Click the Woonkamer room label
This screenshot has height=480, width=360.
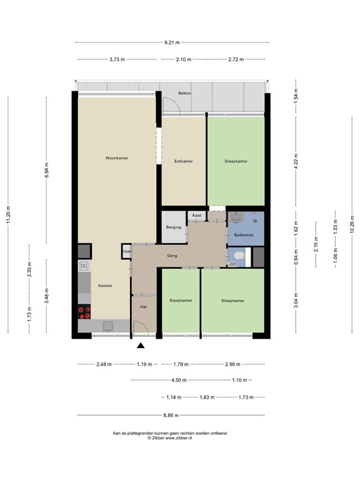click(x=117, y=159)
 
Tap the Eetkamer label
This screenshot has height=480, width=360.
click(x=183, y=161)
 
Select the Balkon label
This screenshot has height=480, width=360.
click(x=184, y=93)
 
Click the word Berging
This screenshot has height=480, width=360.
click(x=174, y=227)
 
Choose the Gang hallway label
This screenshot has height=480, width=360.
click(x=172, y=256)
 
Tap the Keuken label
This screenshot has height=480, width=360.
click(x=105, y=286)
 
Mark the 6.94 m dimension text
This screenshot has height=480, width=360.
click(x=46, y=171)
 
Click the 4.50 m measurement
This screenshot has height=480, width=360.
click(x=179, y=379)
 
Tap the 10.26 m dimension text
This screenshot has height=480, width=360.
click(x=351, y=224)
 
